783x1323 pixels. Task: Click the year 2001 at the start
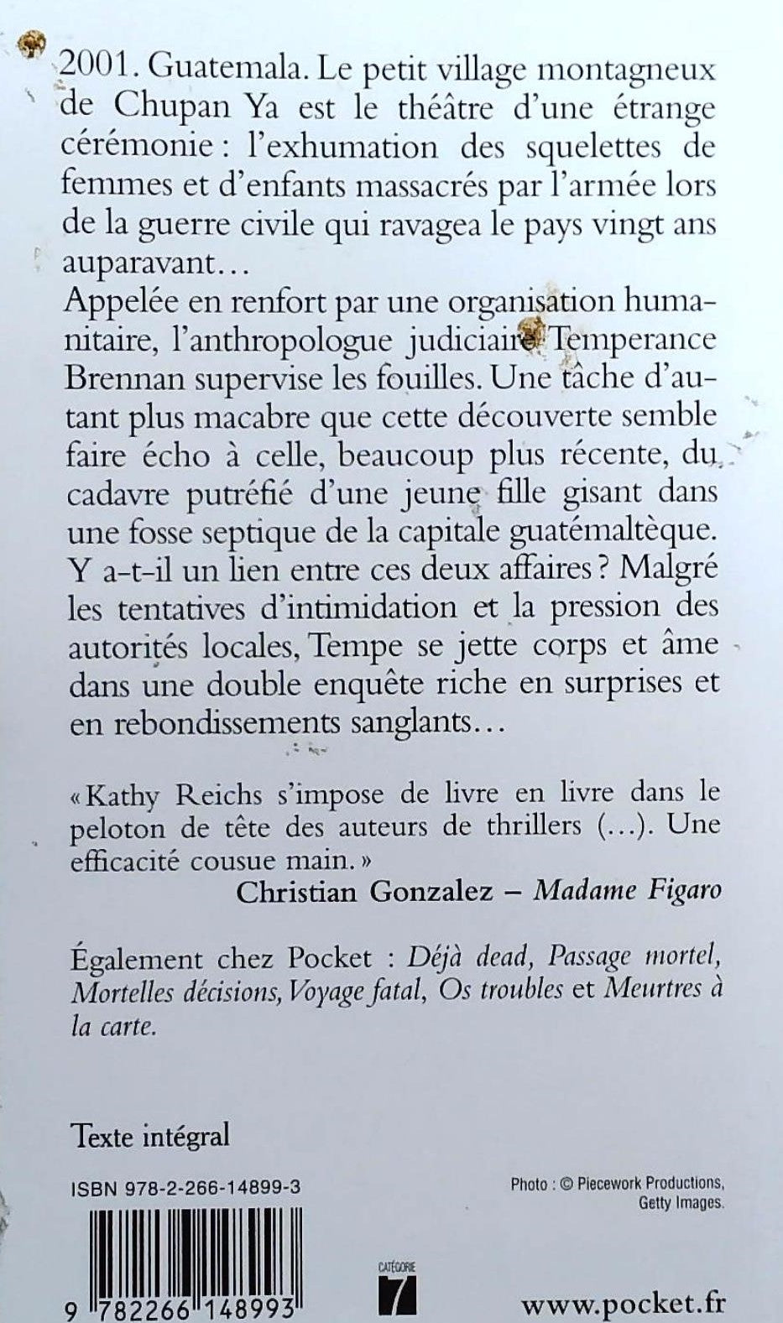pyautogui.click(x=96, y=70)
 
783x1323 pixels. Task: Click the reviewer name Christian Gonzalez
pyautogui.click(x=364, y=891)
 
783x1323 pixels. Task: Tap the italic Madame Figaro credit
pyautogui.click(x=628, y=891)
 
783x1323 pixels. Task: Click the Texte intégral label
pyautogui.click(x=151, y=1137)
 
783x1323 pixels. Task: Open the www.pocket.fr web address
pyautogui.click(x=623, y=1303)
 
